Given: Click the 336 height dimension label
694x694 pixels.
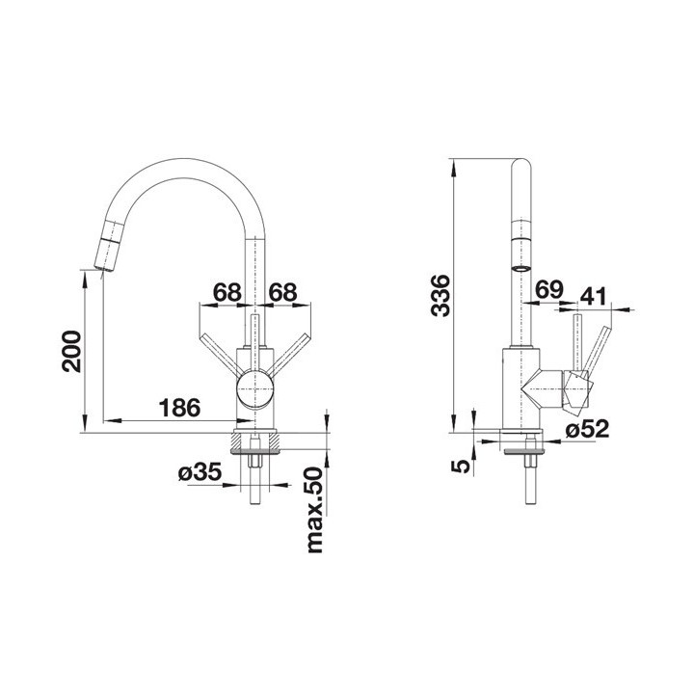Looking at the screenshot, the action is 440,296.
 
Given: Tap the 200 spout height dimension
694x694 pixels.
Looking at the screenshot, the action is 71,351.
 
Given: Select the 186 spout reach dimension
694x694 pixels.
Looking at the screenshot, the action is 179,408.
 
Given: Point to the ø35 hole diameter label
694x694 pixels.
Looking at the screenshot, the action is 200,472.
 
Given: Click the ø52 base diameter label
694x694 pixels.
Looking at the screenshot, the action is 588,428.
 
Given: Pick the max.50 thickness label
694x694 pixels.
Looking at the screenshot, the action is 314,510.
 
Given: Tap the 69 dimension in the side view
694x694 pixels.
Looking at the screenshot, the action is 549,290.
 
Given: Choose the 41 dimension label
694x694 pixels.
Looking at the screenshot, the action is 594,297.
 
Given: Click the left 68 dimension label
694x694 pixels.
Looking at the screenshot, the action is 227,292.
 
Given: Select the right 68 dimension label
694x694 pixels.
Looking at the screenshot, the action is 282,292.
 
